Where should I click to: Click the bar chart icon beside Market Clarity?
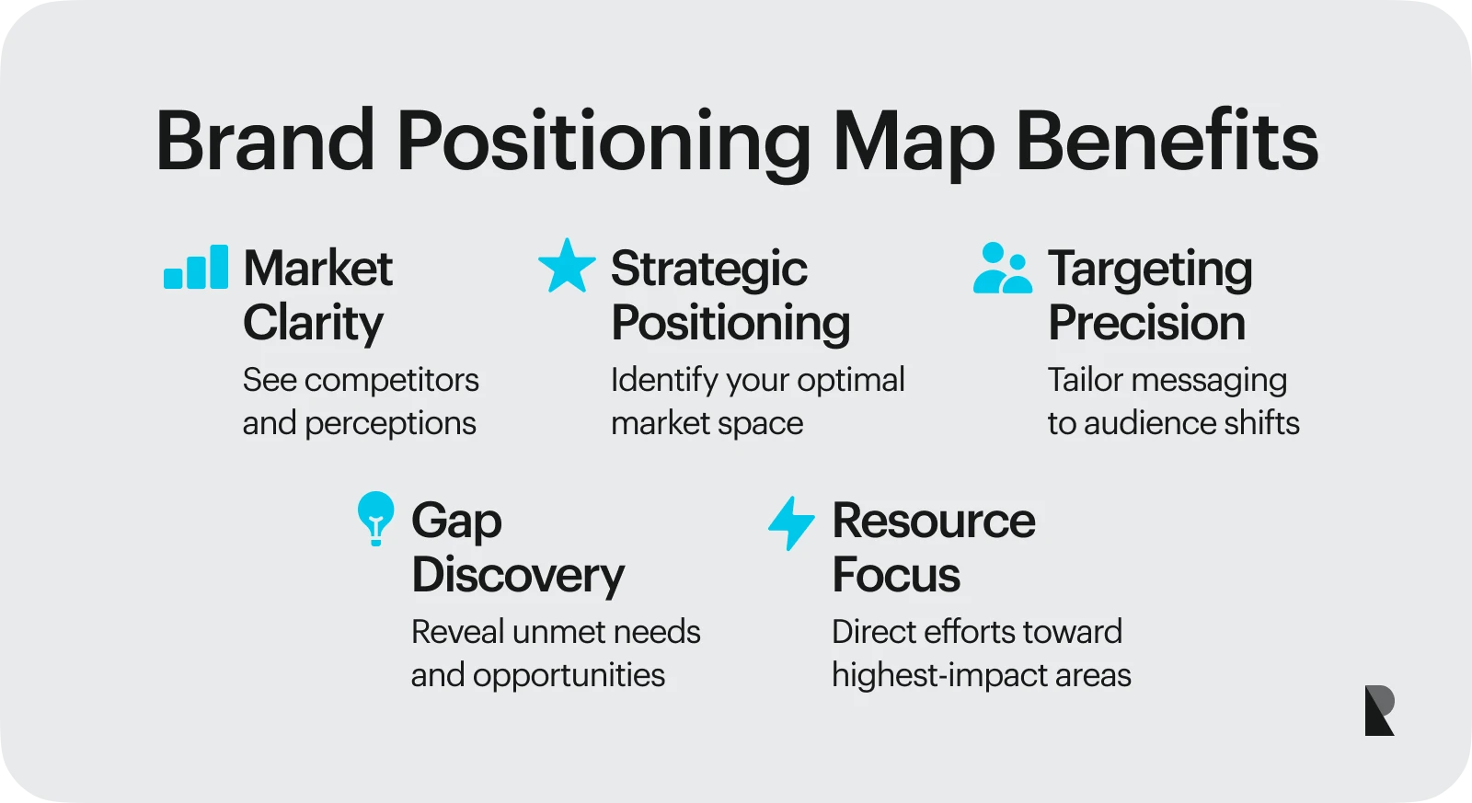pyautogui.click(x=196, y=268)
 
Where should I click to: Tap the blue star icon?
pyautogui.click(x=567, y=266)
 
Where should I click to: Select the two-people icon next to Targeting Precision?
pyautogui.click(x=1002, y=269)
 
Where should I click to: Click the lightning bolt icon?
pyautogui.click(x=791, y=522)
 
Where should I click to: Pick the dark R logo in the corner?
pyautogui.click(x=1379, y=710)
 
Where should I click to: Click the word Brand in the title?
pyautogui.click(x=266, y=142)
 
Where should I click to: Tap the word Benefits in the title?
pyautogui.click(x=1167, y=142)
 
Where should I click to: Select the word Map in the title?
pyautogui.click(x=914, y=143)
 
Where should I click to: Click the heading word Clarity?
pyautogui.click(x=313, y=323)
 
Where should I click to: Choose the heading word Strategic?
pyautogui.click(x=709, y=270)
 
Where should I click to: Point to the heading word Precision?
pyautogui.click(x=1146, y=323)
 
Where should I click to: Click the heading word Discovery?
pyautogui.click(x=518, y=575)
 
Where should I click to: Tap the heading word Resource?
pyautogui.click(x=934, y=521)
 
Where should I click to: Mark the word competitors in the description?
pyautogui.click(x=392, y=380)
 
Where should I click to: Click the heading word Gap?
pyautogui.click(x=456, y=522)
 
